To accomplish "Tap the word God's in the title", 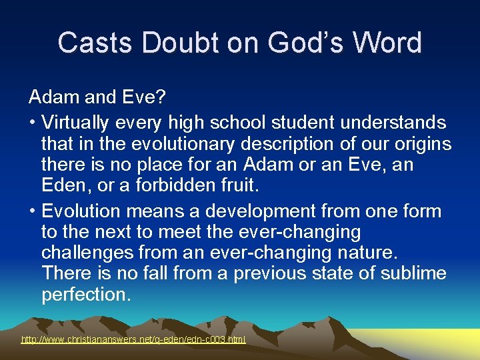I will [297, 43].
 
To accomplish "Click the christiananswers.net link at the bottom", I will [133, 339].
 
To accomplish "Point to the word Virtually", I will [79, 123].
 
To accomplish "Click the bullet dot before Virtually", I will [32, 123].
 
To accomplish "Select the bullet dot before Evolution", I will [32, 212].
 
